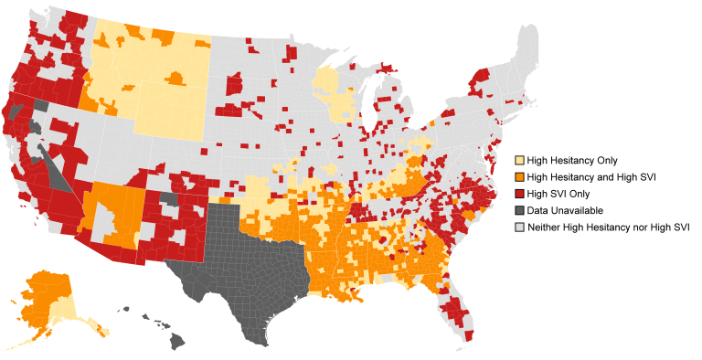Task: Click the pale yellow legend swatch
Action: [519, 160]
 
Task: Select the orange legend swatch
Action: [519, 177]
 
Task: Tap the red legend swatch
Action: [519, 194]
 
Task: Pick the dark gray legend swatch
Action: [519, 210]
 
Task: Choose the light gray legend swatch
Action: [519, 227]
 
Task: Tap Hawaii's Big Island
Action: [176, 341]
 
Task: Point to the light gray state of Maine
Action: [526, 50]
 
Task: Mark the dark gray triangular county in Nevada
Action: [60, 174]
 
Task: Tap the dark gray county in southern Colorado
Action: [169, 198]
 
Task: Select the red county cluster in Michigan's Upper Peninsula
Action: [386, 68]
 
